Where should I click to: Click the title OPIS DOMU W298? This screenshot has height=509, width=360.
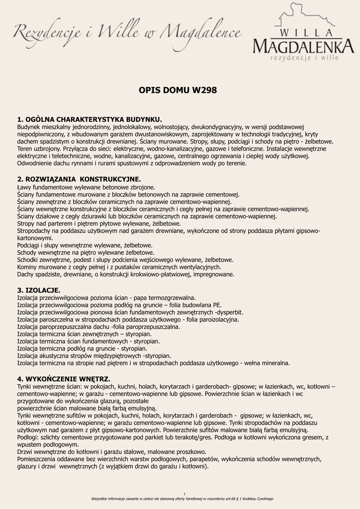[x=178, y=90]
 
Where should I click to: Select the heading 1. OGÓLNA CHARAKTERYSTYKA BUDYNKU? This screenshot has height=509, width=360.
[x=90, y=120]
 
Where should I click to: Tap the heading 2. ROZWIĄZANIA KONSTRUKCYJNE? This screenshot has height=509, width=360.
[x=79, y=179]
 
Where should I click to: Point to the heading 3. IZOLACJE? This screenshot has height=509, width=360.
[x=39, y=290]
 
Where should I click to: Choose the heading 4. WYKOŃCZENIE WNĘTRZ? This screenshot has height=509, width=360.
[x=64, y=379]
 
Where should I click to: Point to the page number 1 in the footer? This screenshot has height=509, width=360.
[x=184, y=494]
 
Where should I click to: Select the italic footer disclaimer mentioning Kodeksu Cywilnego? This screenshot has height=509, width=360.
[x=182, y=499]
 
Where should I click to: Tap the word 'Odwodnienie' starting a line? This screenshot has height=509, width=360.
[x=35, y=163]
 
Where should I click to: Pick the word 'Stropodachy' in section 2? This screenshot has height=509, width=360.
[x=35, y=231]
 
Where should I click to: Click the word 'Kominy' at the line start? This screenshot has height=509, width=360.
[x=27, y=267]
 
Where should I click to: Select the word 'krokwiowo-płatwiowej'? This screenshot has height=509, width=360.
[x=164, y=274]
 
